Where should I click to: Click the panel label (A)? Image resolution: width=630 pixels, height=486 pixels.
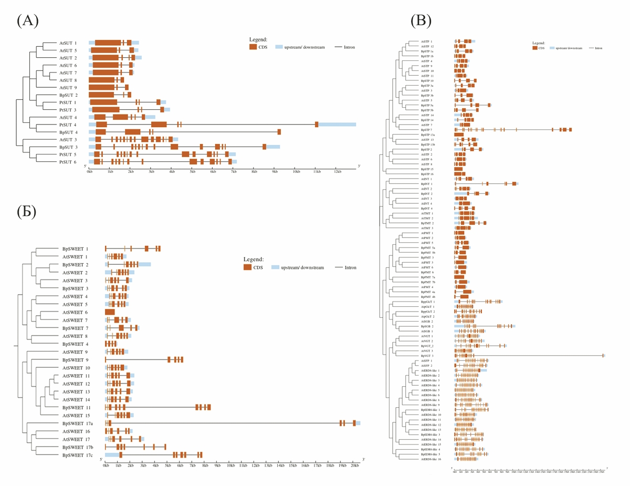(x=28, y=20)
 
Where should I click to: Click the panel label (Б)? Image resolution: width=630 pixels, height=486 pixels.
(x=28, y=211)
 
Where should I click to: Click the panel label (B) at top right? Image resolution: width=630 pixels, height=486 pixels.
(x=421, y=20)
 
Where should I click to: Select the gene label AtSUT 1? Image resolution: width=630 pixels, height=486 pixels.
(x=68, y=43)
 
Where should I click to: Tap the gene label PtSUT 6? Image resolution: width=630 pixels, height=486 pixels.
(x=68, y=162)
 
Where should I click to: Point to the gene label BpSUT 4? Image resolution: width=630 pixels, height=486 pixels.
(x=69, y=132)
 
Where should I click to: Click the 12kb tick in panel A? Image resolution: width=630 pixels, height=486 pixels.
(x=337, y=172)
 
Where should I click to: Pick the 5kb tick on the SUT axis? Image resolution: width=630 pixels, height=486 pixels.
(x=193, y=172)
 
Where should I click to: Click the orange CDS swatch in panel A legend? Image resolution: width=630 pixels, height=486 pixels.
(x=253, y=47)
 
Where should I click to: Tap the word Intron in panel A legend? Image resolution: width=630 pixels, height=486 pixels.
(x=349, y=47)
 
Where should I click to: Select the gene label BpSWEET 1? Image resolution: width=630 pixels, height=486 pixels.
(x=76, y=249)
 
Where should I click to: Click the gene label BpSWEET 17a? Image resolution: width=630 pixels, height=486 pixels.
(x=77, y=423)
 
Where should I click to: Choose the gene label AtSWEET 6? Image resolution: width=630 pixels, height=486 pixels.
(x=75, y=312)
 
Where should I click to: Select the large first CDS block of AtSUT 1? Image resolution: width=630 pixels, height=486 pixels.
(x=108, y=43)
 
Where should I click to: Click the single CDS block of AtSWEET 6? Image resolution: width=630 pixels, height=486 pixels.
(x=110, y=312)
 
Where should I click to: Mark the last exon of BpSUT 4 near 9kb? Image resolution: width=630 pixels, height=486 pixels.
(x=279, y=132)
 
